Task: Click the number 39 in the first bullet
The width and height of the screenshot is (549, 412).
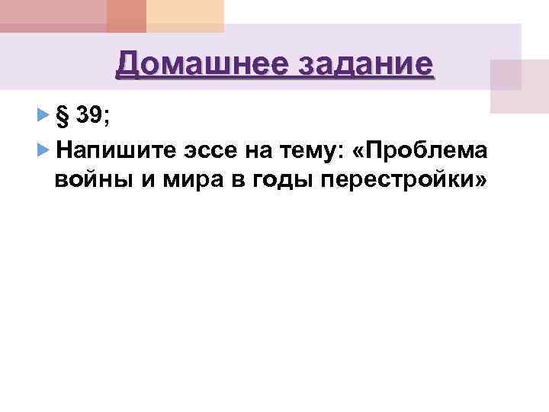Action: (x=91, y=116)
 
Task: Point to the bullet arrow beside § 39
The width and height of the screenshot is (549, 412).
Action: (x=42, y=117)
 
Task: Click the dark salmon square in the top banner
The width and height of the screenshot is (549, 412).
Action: (x=126, y=16)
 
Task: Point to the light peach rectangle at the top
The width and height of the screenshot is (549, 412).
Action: (x=185, y=16)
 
